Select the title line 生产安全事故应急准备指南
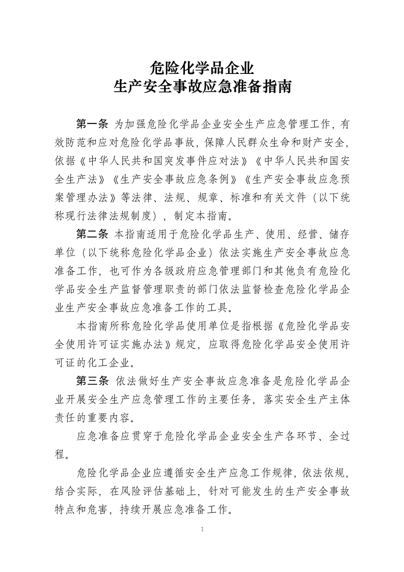(x=202, y=87)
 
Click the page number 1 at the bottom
(x=202, y=530)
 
